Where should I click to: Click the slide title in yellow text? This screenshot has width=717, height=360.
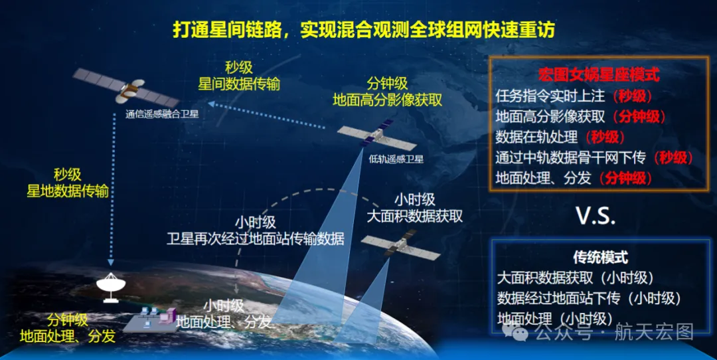[x=364, y=30]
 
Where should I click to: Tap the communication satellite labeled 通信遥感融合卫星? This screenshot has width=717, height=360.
[x=127, y=88]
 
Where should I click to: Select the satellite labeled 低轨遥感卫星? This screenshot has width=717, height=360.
[x=376, y=136]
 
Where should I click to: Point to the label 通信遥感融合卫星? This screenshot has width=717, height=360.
[x=162, y=114]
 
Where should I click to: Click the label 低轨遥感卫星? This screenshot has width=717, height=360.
[x=396, y=159]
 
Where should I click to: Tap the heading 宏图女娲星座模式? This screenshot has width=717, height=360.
[x=599, y=74]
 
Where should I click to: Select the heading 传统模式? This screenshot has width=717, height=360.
[x=600, y=257]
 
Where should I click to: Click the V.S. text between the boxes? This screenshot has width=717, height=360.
[x=596, y=215]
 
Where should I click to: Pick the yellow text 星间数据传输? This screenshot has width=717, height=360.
[x=239, y=84]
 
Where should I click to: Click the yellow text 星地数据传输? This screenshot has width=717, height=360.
[x=68, y=191]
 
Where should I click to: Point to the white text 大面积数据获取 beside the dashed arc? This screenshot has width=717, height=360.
[x=415, y=215]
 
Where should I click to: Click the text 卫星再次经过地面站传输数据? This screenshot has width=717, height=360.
[x=255, y=238]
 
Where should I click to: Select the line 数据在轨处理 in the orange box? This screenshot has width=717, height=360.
[x=536, y=137]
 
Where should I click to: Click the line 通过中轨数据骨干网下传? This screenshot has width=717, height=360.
[x=570, y=157]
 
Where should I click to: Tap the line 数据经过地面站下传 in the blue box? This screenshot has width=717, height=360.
[x=558, y=298]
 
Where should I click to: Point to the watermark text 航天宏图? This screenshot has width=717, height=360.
[x=654, y=332]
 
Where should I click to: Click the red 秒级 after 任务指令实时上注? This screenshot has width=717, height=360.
[x=633, y=96]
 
